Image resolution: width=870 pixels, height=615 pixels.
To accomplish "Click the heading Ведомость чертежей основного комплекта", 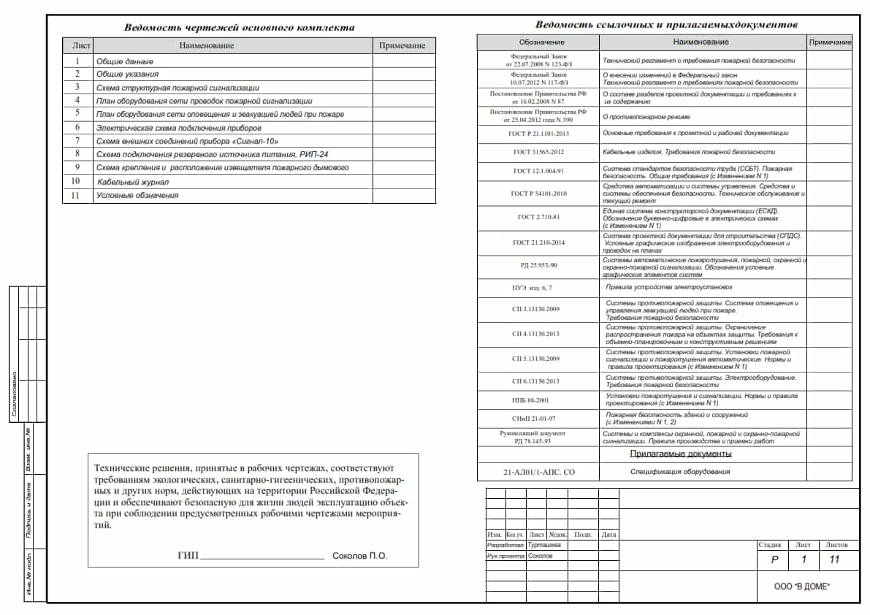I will [239, 28].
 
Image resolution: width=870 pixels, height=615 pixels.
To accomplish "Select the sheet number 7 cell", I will [77, 140].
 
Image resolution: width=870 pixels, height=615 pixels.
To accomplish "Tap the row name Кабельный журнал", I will [133, 181].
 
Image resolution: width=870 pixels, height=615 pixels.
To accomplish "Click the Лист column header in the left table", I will [81, 45].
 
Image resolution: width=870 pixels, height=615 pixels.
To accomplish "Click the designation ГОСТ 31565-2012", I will [539, 152].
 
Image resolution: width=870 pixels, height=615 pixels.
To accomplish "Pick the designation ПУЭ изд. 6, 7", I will [537, 288].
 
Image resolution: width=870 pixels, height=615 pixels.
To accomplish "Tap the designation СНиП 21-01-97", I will [538, 419].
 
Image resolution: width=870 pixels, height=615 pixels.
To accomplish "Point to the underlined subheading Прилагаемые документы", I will [681, 454].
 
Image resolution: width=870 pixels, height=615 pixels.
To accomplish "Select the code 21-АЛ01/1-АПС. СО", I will [538, 473].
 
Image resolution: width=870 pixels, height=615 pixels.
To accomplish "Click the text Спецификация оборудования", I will [679, 472].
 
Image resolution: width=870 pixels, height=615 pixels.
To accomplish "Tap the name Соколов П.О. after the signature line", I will [359, 556].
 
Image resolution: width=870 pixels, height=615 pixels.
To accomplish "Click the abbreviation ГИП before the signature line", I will [188, 556].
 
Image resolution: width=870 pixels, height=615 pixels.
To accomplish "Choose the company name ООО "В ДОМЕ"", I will [802, 587].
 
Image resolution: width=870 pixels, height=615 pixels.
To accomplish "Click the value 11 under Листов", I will [835, 560].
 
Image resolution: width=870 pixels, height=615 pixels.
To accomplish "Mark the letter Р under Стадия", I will [774, 560].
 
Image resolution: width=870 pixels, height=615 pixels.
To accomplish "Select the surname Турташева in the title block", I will [544, 545].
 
